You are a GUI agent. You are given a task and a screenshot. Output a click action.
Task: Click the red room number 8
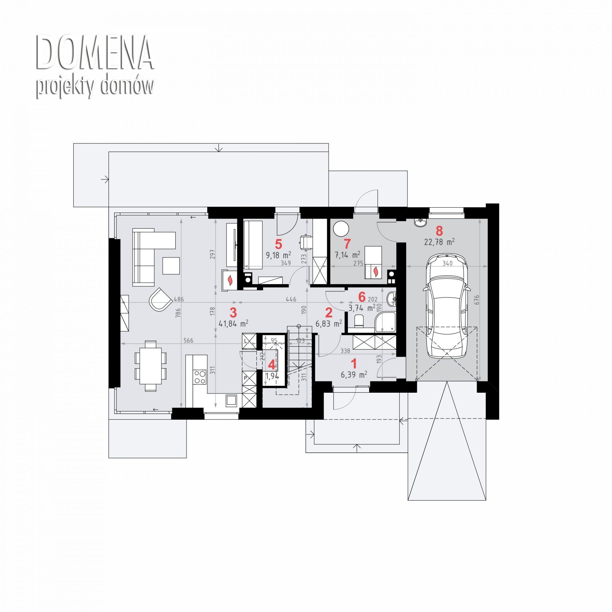pos(439,231)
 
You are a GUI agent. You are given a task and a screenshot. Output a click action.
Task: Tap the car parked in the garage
pos(447,306)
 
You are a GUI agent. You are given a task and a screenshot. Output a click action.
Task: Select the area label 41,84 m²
pos(234,323)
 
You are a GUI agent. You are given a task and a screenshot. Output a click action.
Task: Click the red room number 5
pos(279,244)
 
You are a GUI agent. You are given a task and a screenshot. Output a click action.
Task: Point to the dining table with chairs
pos(150,366)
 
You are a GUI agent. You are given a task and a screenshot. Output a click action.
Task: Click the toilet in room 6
pos(359,321)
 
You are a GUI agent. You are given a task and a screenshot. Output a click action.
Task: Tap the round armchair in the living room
pos(160,299)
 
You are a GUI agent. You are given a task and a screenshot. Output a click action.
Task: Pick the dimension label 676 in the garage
pos(476,300)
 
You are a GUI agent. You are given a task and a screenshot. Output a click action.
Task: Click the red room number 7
pos(347,244)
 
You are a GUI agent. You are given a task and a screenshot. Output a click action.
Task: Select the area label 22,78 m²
pos(439,242)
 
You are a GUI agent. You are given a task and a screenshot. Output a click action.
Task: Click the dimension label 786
pos(178,313)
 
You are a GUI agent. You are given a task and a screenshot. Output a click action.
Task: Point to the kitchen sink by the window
pos(231,400)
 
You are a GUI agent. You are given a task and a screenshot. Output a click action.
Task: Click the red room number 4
pos(272,365)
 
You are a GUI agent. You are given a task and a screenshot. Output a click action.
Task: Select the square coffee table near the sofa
pos(171,266)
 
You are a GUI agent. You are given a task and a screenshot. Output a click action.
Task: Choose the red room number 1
pos(353,364)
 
